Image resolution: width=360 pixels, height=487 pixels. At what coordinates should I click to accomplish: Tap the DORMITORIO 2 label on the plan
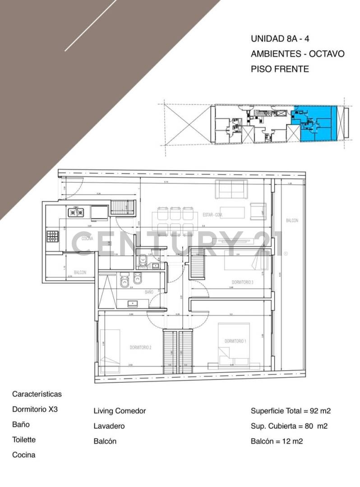pos(140,347)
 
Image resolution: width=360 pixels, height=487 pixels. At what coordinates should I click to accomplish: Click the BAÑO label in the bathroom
pos(149,292)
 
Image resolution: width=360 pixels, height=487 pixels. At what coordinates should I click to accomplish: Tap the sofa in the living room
pos(231,189)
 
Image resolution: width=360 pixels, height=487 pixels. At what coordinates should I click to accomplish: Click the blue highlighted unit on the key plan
pos(314,123)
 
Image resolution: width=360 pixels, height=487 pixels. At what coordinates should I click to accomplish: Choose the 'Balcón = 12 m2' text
pos(277,441)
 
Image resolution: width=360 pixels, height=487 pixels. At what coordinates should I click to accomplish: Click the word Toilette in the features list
pos(24,440)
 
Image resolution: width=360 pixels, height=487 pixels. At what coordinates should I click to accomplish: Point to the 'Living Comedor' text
pos(120,411)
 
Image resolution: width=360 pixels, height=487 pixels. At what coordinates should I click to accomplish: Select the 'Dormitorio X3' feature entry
pos(35,409)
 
